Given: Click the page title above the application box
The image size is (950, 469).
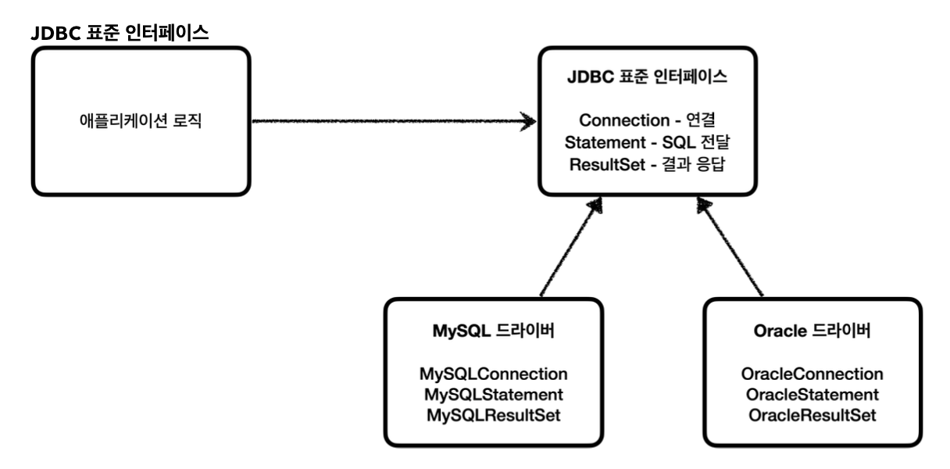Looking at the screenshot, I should (x=120, y=34).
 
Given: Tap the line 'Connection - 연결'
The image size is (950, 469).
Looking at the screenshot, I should (x=647, y=120).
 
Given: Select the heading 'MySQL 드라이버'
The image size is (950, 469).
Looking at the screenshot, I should (x=494, y=330).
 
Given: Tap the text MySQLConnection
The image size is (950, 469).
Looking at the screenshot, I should (x=494, y=374).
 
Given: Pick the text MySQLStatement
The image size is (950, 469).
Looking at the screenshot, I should (x=494, y=393).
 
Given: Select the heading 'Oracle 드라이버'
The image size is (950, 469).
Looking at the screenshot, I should (x=812, y=330).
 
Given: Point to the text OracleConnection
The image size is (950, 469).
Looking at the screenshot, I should (x=812, y=374).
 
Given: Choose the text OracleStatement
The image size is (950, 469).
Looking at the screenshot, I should (x=812, y=393).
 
